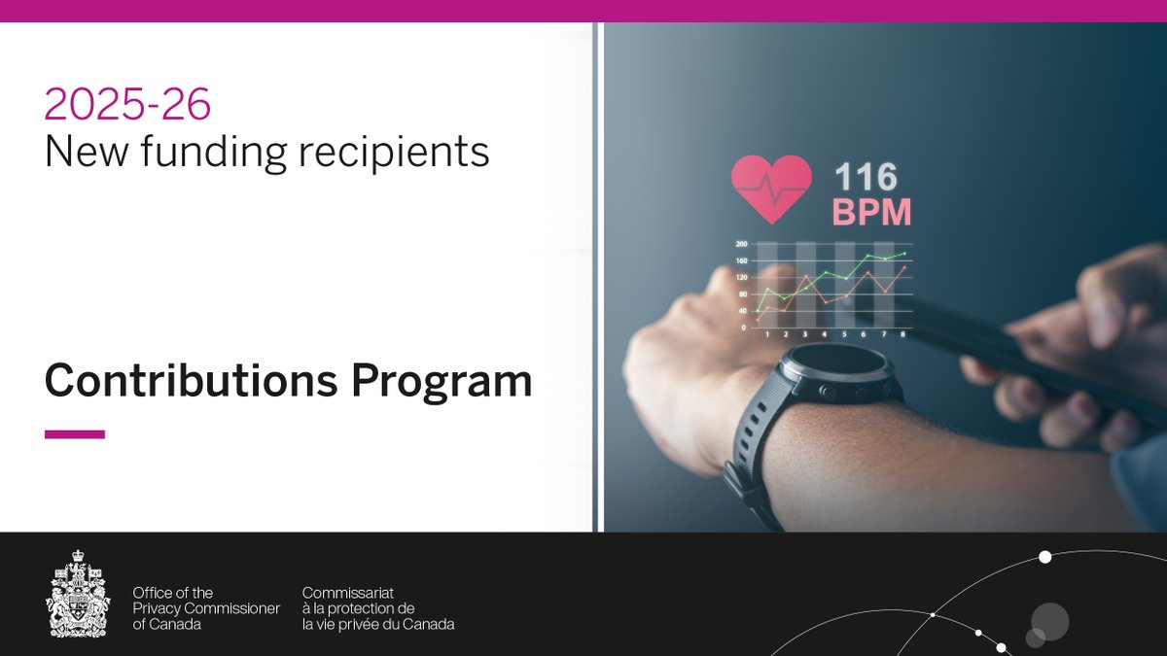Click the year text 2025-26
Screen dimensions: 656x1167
[x=127, y=105]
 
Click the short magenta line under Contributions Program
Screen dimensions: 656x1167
[x=75, y=434]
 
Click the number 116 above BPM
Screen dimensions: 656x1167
[x=866, y=178]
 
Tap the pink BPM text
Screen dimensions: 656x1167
[x=871, y=212]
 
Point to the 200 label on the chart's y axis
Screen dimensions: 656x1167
[x=741, y=244]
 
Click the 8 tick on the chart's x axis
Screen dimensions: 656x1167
[x=903, y=334]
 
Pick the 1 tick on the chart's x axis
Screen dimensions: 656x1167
[x=767, y=334]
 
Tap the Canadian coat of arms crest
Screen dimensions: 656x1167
[x=79, y=595]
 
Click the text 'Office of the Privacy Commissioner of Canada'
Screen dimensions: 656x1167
[x=206, y=608]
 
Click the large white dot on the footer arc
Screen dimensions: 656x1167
[x=1045, y=557]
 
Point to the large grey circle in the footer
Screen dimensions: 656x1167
[x=1050, y=620]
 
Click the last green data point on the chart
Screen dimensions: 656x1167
[x=903, y=254]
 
